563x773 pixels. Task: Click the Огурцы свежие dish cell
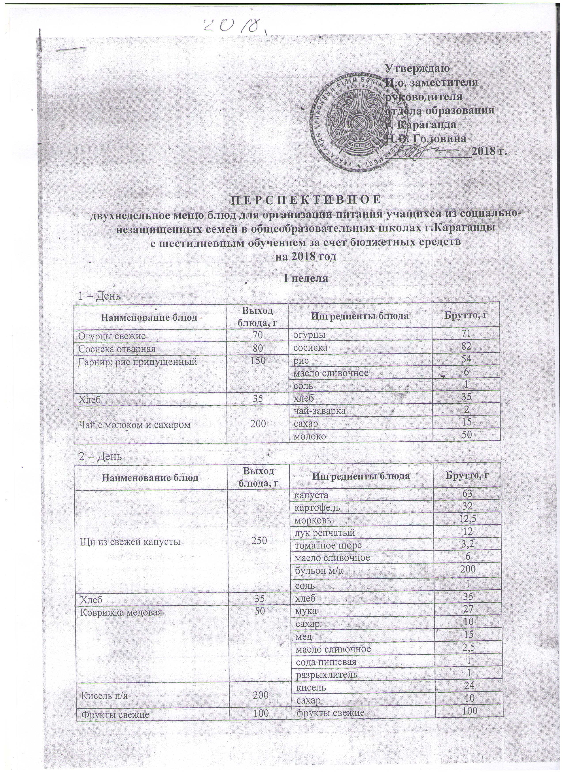click(112, 336)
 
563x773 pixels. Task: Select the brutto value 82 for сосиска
click(466, 347)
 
